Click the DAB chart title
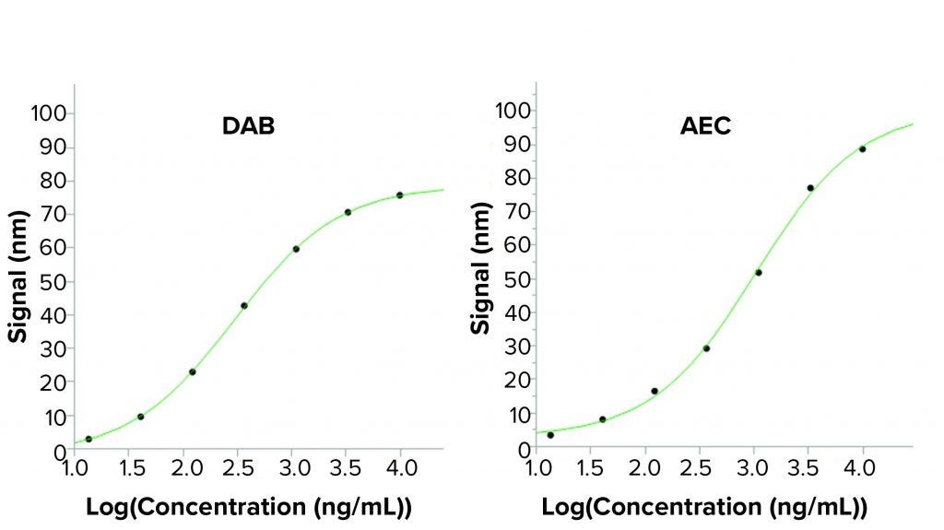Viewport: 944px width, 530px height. [x=248, y=127]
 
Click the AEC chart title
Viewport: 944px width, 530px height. [x=705, y=126]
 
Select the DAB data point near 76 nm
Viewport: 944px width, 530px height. [x=400, y=194]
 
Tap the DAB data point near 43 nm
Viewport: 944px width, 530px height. [x=244, y=305]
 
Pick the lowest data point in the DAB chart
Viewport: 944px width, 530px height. [x=88, y=439]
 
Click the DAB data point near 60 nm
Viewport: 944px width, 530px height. [x=296, y=249]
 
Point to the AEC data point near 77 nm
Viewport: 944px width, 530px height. [x=810, y=188]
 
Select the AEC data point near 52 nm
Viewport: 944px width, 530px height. [x=758, y=272]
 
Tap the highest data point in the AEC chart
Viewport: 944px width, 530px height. [x=862, y=149]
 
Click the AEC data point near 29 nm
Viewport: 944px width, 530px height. [x=706, y=347]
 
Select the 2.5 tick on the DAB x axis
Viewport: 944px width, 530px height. [x=235, y=468]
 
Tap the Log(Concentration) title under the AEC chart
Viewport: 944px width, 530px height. [x=704, y=507]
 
